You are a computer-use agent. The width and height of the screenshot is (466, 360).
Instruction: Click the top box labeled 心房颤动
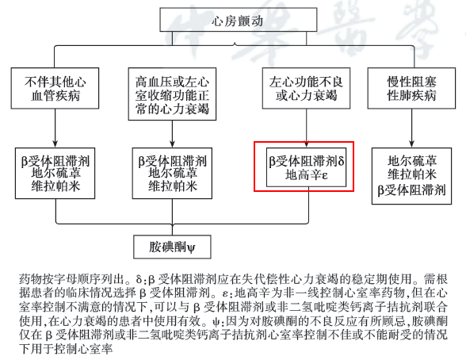click(x=238, y=20)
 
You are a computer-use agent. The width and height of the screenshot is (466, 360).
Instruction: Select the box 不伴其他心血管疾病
click(x=55, y=88)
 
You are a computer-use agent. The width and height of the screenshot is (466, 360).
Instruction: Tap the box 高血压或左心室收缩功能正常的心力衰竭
click(x=172, y=94)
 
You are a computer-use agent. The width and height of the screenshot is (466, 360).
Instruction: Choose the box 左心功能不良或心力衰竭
click(x=306, y=88)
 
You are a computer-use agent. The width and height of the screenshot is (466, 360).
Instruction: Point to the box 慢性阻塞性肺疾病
click(x=411, y=88)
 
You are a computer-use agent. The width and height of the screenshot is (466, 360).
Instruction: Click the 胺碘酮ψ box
click(x=172, y=247)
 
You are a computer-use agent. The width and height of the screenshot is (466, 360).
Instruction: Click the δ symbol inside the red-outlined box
click(x=341, y=161)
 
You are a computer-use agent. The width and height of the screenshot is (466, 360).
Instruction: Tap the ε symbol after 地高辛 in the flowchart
click(x=325, y=175)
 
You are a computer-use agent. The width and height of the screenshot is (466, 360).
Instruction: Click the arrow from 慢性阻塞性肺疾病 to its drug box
click(x=411, y=128)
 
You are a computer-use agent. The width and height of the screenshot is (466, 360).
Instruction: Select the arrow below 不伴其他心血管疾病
click(x=55, y=128)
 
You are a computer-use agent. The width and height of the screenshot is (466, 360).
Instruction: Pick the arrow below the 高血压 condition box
click(x=172, y=134)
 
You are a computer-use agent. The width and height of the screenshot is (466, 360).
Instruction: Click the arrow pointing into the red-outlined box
click(x=307, y=128)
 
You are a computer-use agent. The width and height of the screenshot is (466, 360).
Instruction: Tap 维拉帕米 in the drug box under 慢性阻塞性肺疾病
click(x=411, y=174)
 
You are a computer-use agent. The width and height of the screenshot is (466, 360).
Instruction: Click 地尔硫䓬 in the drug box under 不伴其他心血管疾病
click(x=55, y=173)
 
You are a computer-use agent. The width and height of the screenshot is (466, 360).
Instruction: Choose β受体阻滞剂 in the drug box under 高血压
click(x=173, y=161)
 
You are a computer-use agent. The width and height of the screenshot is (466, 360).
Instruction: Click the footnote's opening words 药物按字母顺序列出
click(x=71, y=279)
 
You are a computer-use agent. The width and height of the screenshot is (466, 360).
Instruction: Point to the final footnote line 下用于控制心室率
click(x=66, y=349)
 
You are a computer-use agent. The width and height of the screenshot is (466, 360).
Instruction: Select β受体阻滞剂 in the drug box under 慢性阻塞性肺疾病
click(x=411, y=190)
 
